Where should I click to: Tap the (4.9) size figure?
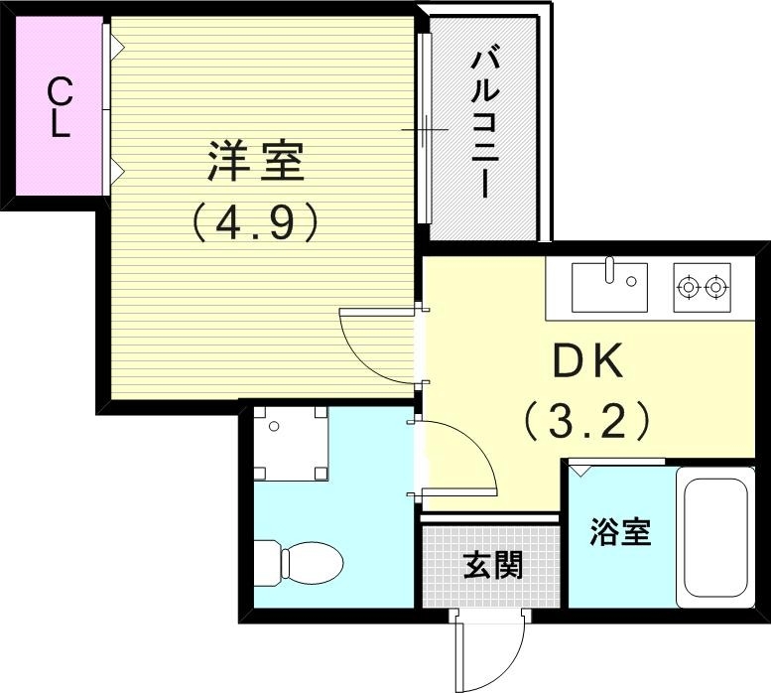[x=255, y=222]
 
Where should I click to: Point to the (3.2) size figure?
[x=586, y=421]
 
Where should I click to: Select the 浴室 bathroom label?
[x=620, y=532]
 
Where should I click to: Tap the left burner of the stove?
[x=687, y=288]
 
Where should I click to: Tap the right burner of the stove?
[x=716, y=288]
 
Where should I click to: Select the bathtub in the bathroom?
[x=713, y=537]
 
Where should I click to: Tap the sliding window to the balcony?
[x=425, y=128]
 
